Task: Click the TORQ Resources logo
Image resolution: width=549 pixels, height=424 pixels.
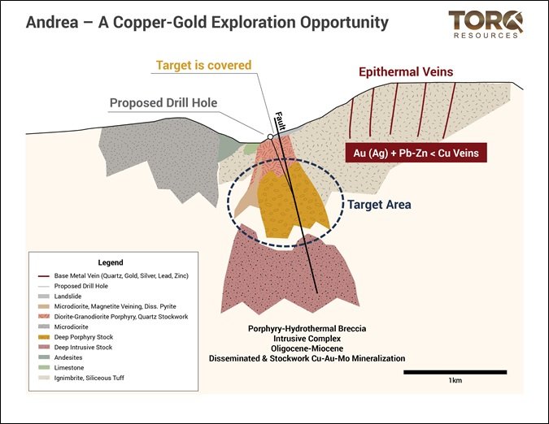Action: coord(486,24)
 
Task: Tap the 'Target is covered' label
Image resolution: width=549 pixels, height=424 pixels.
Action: coord(204,65)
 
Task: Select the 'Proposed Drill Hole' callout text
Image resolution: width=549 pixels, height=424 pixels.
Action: coord(163,103)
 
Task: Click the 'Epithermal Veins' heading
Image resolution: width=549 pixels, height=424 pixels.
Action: coord(406,72)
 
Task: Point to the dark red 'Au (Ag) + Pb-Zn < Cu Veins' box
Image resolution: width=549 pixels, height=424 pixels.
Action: coord(416,153)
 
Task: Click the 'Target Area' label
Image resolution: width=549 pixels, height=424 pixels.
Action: coord(379,205)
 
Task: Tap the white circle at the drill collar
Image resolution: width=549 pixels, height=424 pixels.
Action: coord(270,136)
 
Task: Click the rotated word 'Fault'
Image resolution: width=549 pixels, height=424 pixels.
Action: coord(281,120)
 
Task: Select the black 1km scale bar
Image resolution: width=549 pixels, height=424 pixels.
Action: coord(455,372)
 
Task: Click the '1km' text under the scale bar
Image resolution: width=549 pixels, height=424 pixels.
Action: coord(455,380)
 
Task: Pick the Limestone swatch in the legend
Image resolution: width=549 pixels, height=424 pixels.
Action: coord(43,368)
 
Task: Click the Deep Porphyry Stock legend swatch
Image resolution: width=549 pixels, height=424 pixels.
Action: coord(43,337)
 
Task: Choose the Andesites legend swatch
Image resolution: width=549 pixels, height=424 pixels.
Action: coord(43,357)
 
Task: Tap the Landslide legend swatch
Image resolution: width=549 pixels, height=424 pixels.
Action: coord(43,296)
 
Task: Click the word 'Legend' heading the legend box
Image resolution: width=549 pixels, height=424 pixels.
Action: coord(111,262)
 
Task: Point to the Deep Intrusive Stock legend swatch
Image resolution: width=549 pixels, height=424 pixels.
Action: coord(43,348)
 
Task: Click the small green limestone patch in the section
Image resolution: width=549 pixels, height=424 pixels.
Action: coord(250,149)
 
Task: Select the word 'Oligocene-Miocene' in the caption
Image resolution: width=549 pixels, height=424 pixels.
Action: coord(307,348)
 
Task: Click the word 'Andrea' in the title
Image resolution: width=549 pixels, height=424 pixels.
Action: coord(52,23)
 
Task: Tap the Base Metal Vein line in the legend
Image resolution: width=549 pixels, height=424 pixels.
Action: coord(43,276)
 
